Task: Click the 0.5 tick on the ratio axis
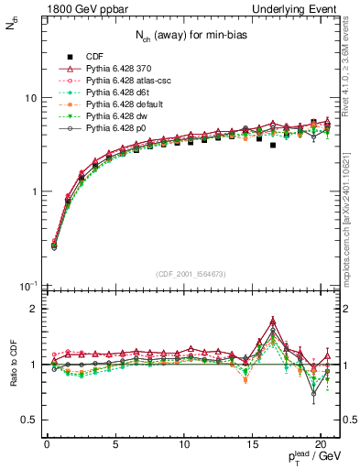pos(31,420)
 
